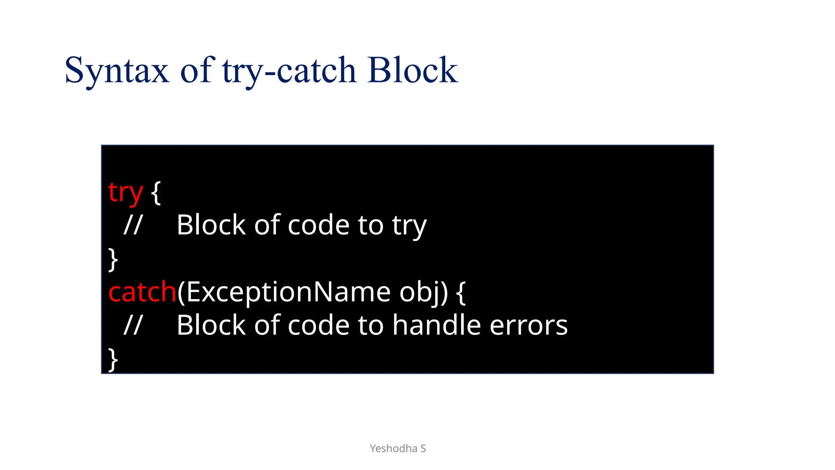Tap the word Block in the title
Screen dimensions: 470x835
coord(412,70)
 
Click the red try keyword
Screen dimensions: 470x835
coord(125,193)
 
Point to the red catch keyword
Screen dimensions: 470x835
coord(142,292)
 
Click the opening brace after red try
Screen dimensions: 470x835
coord(156,193)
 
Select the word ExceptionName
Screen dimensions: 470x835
coord(289,292)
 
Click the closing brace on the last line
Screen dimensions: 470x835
coord(113,359)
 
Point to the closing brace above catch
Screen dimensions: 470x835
coord(113,259)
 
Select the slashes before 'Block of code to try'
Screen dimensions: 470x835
coord(133,225)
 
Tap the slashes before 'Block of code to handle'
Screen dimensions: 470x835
coord(133,326)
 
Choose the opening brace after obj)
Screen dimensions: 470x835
coord(461,292)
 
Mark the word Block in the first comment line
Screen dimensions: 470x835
coord(211,225)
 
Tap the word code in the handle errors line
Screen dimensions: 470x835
coord(318,326)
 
